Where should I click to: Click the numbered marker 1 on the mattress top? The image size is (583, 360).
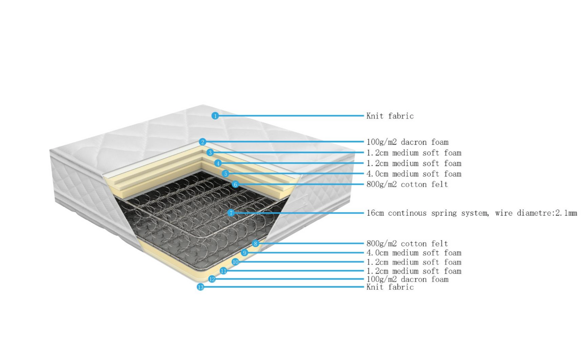click(x=215, y=116)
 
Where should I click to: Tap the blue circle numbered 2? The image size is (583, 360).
click(x=202, y=142)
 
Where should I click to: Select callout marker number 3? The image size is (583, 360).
click(x=210, y=153)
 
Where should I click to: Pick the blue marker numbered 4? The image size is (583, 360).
click(x=218, y=163)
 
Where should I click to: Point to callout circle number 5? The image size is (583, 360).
click(x=225, y=174)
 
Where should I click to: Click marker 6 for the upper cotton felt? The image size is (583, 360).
click(x=235, y=184)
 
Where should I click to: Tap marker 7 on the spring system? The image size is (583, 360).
click(x=231, y=213)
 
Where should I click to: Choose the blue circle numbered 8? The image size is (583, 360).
click(x=255, y=244)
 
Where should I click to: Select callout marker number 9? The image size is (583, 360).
click(x=244, y=253)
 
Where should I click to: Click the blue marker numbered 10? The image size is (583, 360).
click(x=235, y=262)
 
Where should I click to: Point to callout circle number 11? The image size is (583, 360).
click(x=223, y=271)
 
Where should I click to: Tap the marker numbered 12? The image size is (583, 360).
click(x=212, y=279)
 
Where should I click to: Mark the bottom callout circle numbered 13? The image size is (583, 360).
click(x=201, y=287)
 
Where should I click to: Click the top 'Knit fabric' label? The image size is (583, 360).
click(x=390, y=116)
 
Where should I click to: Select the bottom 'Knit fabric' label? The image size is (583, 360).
click(x=390, y=287)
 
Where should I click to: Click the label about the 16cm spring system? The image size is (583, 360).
click(x=428, y=213)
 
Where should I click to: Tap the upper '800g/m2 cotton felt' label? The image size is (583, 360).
click(x=407, y=184)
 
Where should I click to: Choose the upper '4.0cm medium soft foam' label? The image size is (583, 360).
click(x=414, y=174)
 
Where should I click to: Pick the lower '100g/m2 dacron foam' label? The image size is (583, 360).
click(x=407, y=279)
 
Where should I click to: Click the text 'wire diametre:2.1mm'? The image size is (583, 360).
click(x=536, y=213)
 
